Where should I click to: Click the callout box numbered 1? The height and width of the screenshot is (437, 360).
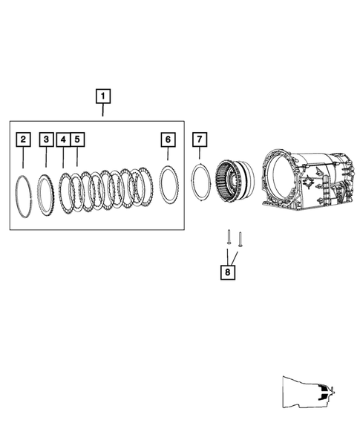102,96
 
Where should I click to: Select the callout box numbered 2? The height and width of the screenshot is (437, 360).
24,139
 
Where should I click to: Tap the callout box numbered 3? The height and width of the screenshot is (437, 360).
46,139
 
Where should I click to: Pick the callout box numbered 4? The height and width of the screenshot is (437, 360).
63,139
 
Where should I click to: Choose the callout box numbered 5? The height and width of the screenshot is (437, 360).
77,139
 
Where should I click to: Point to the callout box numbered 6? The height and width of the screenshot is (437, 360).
168,139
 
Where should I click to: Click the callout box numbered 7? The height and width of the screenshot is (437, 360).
199,139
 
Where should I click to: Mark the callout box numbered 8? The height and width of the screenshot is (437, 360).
227,272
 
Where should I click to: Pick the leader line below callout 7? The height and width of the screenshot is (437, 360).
199,154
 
